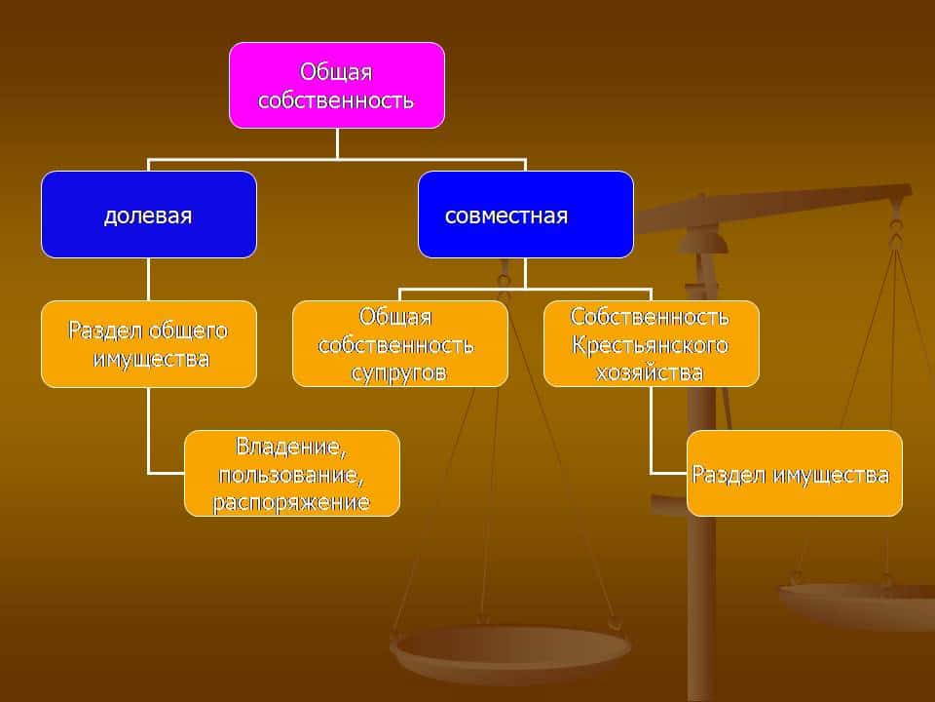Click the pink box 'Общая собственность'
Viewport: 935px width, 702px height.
(x=337, y=85)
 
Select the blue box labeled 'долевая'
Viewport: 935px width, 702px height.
(x=148, y=214)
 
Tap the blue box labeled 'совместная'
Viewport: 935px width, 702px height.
(x=525, y=214)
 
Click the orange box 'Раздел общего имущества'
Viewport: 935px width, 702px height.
(x=148, y=344)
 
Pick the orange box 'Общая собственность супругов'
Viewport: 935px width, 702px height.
(x=399, y=344)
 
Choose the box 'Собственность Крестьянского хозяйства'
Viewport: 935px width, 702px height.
(x=651, y=344)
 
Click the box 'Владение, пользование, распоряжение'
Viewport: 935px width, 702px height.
(x=292, y=473)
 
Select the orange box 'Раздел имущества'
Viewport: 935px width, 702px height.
(x=794, y=473)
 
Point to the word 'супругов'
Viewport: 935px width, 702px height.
(x=399, y=372)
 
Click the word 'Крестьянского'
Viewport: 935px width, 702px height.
(x=651, y=345)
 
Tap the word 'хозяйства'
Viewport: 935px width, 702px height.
(x=651, y=372)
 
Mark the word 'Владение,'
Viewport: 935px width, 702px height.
(x=292, y=447)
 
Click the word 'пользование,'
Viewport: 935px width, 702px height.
(x=292, y=475)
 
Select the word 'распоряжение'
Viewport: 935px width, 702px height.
(x=292, y=502)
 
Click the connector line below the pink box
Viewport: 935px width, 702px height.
(x=337, y=142)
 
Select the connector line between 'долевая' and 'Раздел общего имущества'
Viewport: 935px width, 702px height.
(x=148, y=279)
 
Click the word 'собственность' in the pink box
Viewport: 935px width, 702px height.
(x=337, y=99)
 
